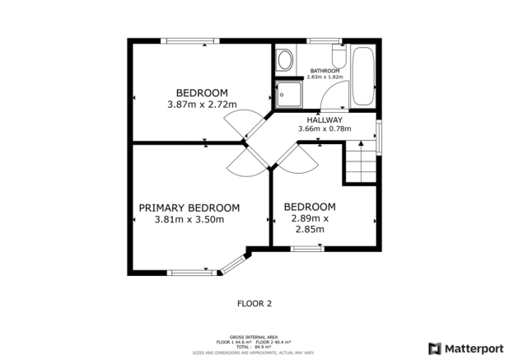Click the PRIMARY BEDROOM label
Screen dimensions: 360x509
(x=189, y=208)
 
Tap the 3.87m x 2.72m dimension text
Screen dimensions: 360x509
(x=201, y=105)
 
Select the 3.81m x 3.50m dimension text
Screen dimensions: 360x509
(x=189, y=220)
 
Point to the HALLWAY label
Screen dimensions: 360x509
(x=324, y=119)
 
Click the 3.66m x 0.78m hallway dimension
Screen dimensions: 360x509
(x=324, y=129)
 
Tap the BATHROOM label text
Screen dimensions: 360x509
(x=324, y=71)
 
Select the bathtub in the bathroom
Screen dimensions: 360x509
(x=363, y=76)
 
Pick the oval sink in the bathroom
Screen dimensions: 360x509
(x=284, y=60)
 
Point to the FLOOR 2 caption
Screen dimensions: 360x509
(x=254, y=303)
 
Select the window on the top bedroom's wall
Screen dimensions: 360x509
(x=189, y=40)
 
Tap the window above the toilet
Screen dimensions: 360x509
(x=325, y=40)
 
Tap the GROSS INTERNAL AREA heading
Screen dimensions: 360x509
(x=254, y=336)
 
